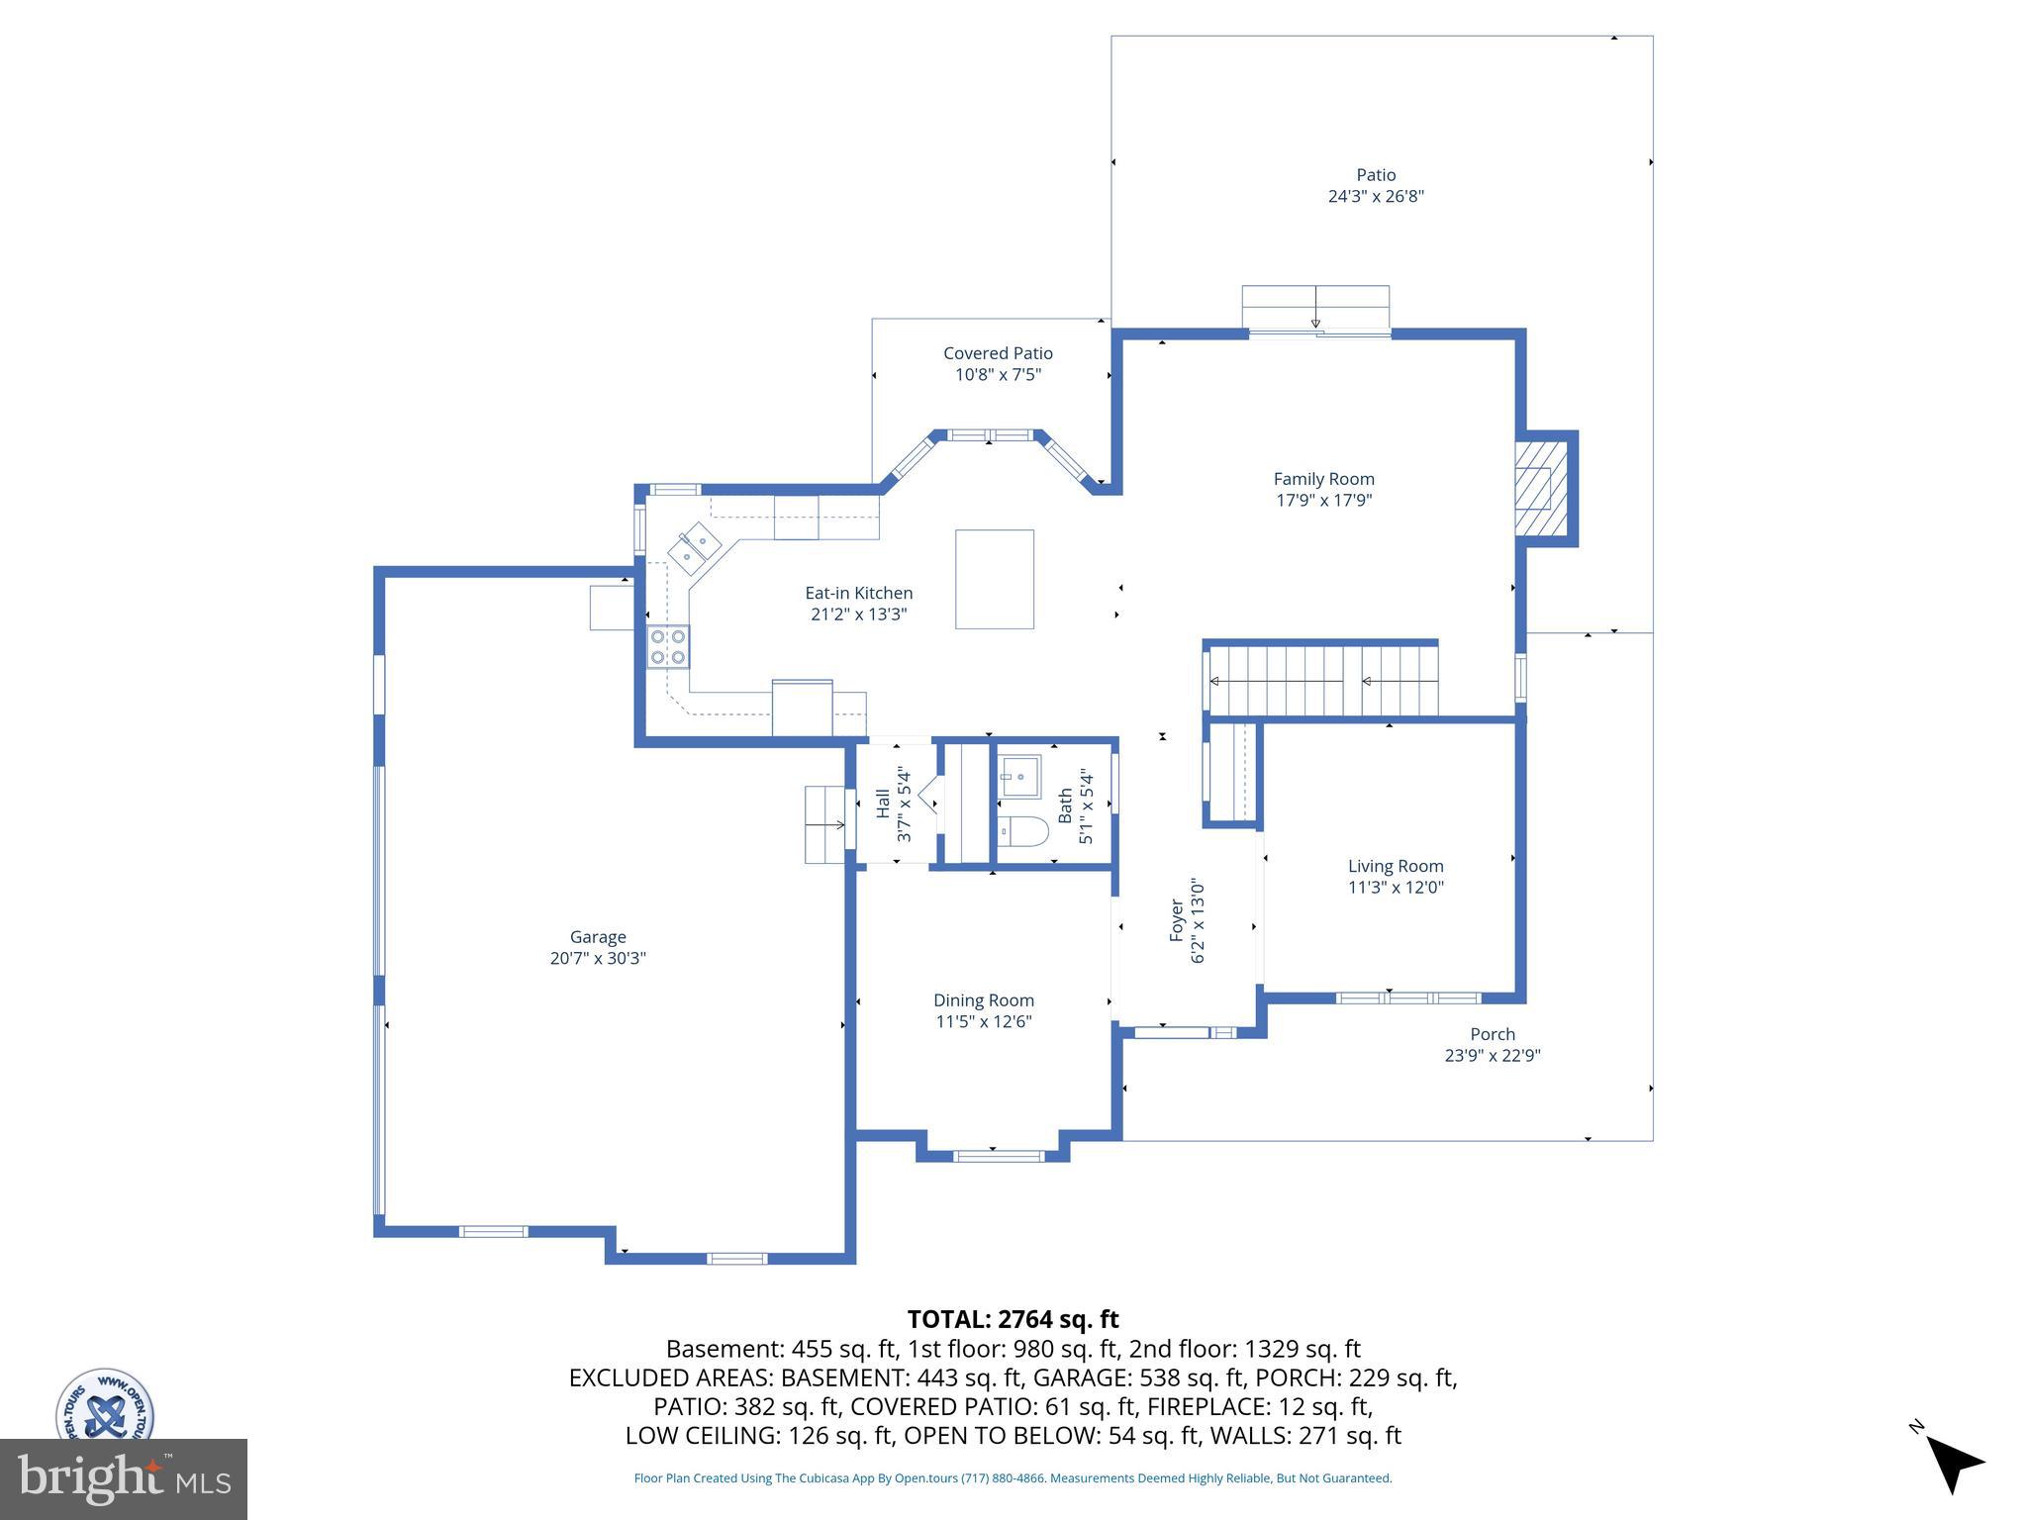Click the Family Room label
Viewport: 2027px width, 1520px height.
tap(1323, 479)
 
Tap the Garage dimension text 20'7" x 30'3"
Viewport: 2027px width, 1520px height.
tap(598, 958)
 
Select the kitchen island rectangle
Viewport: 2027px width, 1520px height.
tap(994, 579)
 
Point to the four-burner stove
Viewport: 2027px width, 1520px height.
tap(668, 646)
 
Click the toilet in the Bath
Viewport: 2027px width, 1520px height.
tap(1022, 832)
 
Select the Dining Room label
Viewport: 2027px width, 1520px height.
tap(983, 1000)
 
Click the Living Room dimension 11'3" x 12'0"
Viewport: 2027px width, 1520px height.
tap(1396, 888)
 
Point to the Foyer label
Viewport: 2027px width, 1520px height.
tap(1177, 919)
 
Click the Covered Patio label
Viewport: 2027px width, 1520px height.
tap(998, 353)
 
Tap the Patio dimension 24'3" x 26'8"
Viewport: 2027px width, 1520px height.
tap(1376, 196)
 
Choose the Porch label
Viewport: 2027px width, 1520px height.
tap(1492, 1034)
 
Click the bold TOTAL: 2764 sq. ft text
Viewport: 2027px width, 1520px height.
tap(1013, 1319)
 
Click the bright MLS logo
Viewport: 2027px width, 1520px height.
tap(123, 1479)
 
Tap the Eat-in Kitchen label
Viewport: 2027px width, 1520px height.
tap(858, 593)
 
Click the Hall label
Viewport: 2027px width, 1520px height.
tap(883, 803)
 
